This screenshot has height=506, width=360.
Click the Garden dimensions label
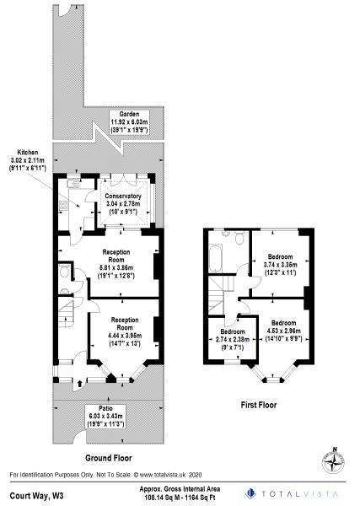pos(130,126)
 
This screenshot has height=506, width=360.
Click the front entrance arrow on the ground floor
pos(80,382)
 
